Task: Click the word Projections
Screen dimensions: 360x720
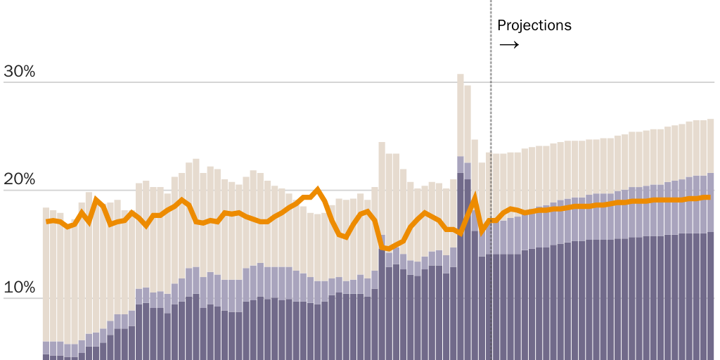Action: click(534, 25)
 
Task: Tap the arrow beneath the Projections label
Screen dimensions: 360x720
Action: click(508, 45)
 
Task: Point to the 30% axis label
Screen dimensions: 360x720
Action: click(20, 72)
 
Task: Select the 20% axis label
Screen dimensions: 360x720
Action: click(20, 179)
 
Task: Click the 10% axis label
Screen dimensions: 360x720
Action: click(20, 288)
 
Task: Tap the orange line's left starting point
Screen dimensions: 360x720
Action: click(47, 222)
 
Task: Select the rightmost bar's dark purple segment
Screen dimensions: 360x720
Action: click(710, 295)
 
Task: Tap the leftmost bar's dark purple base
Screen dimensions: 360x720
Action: click(46, 356)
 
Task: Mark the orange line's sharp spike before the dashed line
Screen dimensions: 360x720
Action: click(475, 198)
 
